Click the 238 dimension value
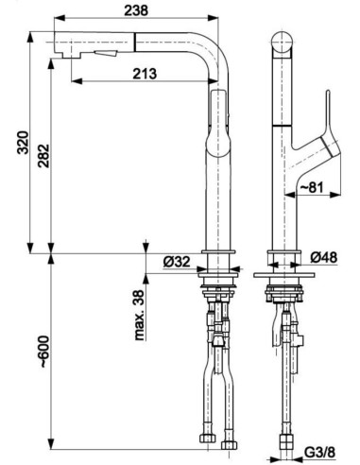click(136, 10)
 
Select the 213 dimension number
click(145, 74)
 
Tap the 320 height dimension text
click(23, 143)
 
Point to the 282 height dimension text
click(43, 156)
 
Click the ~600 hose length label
click(43, 353)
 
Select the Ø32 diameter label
click(177, 262)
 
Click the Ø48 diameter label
click(324, 257)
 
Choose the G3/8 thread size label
click(319, 453)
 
